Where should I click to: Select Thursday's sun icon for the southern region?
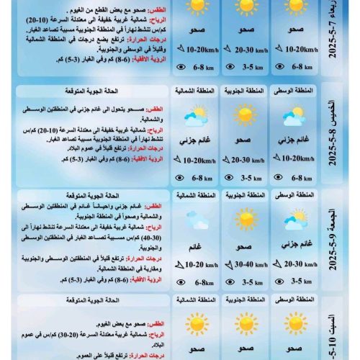pos(246,115)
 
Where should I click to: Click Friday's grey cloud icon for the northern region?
pos(194,220)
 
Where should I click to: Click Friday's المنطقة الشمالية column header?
pos(194,195)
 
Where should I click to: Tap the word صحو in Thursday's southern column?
pos(246,141)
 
